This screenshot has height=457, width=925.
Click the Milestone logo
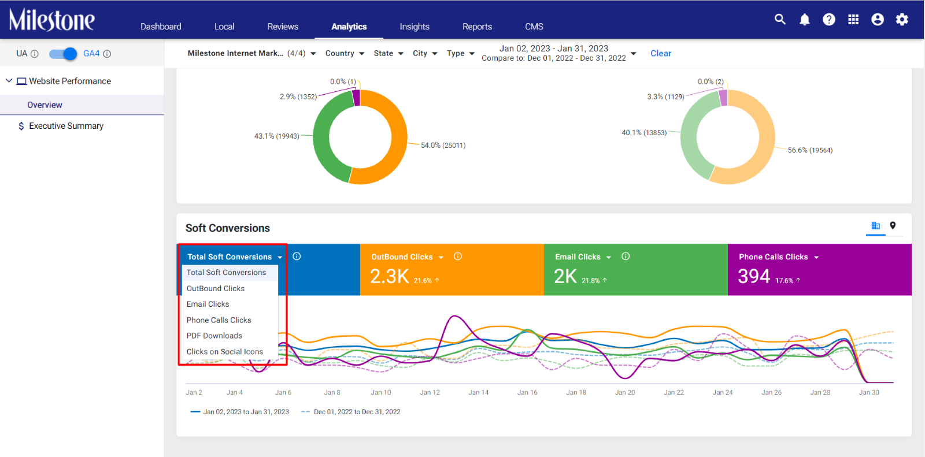52,20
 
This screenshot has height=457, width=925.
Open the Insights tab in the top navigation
414,27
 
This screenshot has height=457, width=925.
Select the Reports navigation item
477,27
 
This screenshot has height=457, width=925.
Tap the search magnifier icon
780,19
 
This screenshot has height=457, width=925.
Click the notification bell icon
804,20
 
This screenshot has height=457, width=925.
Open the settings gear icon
902,20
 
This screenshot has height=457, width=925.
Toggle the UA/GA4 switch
63,54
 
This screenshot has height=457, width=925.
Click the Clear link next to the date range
661,53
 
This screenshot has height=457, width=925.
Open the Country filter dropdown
345,53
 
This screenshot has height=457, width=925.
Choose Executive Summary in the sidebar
66,126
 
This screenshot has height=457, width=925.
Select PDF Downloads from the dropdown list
214,336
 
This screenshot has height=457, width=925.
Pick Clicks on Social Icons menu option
225,352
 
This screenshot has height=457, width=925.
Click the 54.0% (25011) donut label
443,146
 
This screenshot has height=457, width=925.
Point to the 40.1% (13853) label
644,132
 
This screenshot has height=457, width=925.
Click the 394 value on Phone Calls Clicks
754,276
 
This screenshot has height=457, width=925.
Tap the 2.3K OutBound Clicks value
389,276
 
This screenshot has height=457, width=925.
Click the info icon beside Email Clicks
626,257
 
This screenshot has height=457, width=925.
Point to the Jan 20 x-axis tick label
625,392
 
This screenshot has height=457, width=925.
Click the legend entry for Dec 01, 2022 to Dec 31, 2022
350,411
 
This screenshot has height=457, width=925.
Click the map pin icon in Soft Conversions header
893,225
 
